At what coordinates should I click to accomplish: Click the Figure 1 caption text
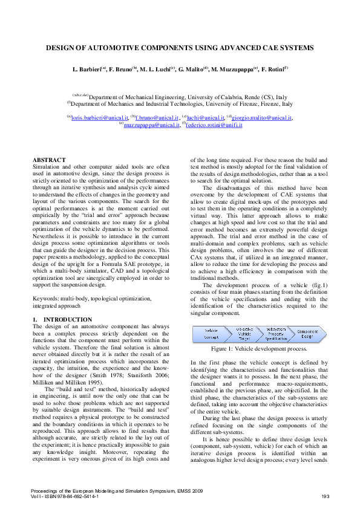[260, 349]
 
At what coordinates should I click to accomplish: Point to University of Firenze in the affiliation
[228, 104]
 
